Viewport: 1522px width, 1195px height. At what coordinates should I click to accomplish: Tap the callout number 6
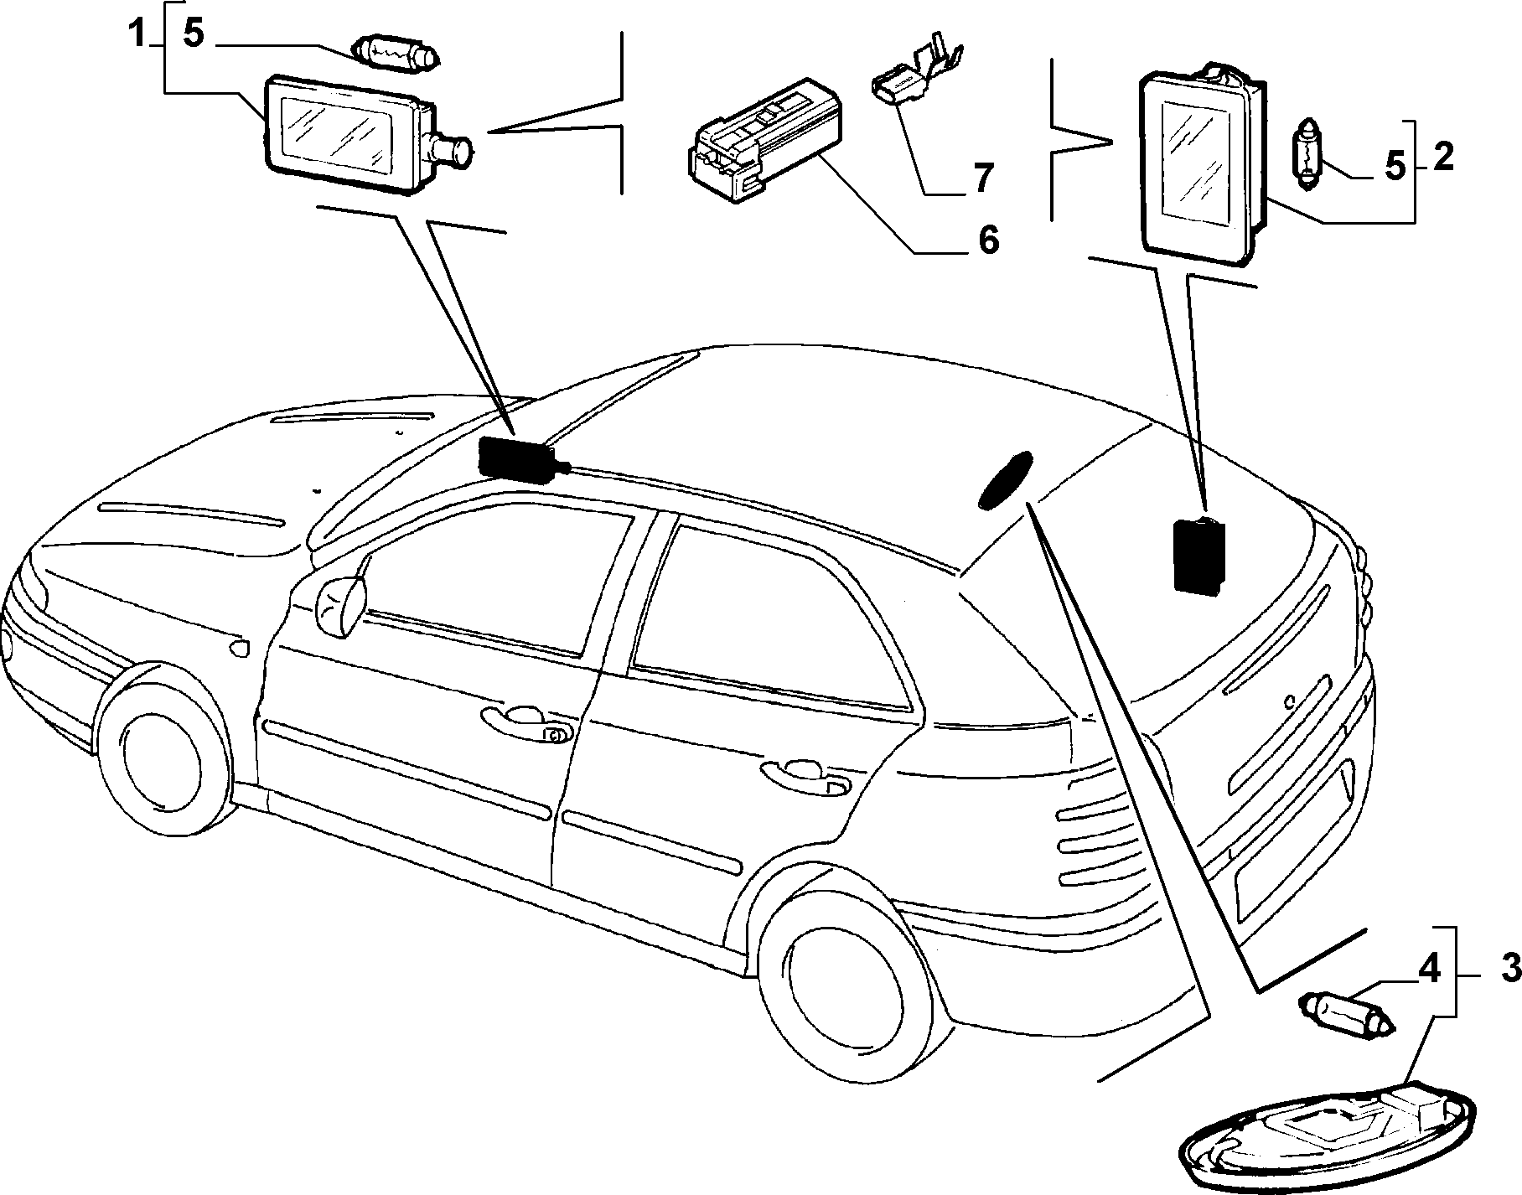click(x=989, y=241)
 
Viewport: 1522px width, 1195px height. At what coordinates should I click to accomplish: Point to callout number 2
click(x=1442, y=158)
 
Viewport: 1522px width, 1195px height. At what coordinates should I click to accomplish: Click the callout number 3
click(x=1509, y=970)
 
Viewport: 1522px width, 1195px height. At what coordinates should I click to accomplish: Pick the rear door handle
click(x=805, y=775)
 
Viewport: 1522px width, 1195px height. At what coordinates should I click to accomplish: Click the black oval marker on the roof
click(x=1005, y=479)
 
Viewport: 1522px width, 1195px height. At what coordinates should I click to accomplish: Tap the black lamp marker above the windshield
click(x=517, y=461)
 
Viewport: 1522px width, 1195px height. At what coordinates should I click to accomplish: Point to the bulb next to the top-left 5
click(x=399, y=52)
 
